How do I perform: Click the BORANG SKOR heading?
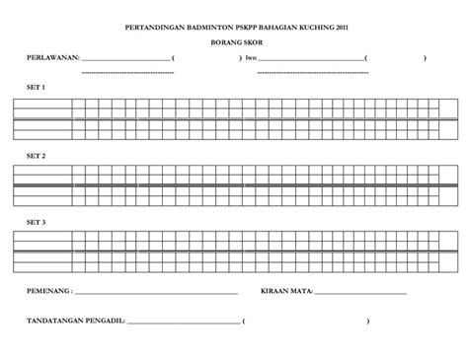coord(234,44)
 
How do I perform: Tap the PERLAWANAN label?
coord(49,58)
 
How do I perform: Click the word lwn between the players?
coord(251,58)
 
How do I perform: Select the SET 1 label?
coord(35,87)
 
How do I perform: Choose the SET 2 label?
coord(35,156)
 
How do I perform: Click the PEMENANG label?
coord(47,293)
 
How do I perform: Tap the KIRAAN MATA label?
coord(285,293)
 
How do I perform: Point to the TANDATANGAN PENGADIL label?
coord(74,322)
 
